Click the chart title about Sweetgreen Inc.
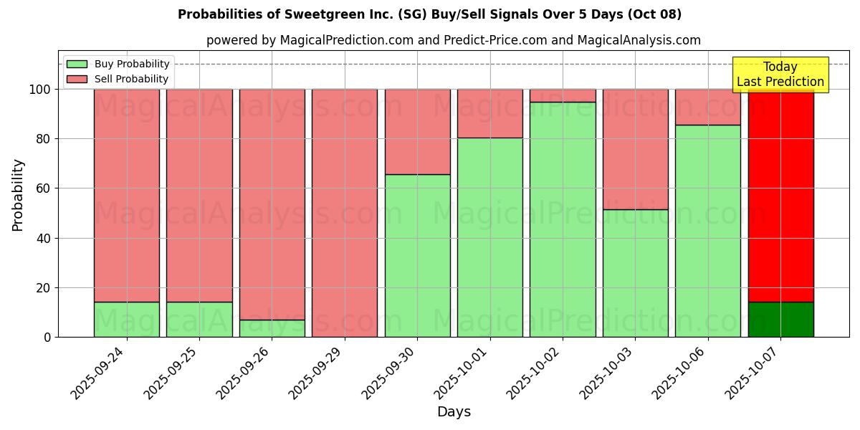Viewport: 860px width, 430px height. click(429, 14)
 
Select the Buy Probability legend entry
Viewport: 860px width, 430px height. click(132, 64)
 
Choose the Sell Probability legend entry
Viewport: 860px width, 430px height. click(131, 80)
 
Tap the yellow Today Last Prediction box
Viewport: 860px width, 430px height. click(780, 75)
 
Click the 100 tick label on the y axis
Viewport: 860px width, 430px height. click(41, 90)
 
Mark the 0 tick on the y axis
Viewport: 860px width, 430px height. click(48, 337)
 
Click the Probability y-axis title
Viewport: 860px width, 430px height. click(18, 195)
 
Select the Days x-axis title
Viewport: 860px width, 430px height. click(454, 412)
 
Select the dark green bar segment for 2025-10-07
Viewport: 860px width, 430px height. click(780, 320)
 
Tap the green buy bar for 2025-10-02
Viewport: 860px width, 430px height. click(563, 219)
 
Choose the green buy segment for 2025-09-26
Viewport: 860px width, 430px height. click(272, 328)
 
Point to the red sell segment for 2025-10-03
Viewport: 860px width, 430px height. click(635, 149)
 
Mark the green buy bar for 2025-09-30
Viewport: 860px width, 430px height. click(417, 256)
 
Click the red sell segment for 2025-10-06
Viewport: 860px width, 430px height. click(708, 107)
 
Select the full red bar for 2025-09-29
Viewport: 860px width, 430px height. click(345, 213)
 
